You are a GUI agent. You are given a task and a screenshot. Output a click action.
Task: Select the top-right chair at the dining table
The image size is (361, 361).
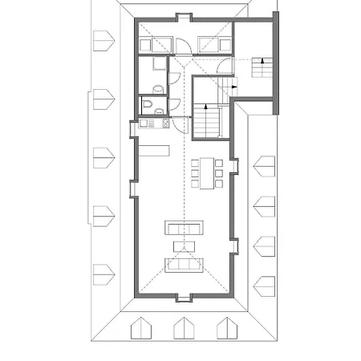click(x=218, y=164)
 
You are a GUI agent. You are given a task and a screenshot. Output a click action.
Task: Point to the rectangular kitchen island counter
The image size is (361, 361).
click(x=154, y=150)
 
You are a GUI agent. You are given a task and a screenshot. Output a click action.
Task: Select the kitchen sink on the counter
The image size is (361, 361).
click(x=146, y=123)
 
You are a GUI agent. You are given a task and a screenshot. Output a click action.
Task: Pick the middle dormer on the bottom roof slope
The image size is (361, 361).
click(x=183, y=328)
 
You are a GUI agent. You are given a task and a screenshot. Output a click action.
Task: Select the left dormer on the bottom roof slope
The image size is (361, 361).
click(x=140, y=328)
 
